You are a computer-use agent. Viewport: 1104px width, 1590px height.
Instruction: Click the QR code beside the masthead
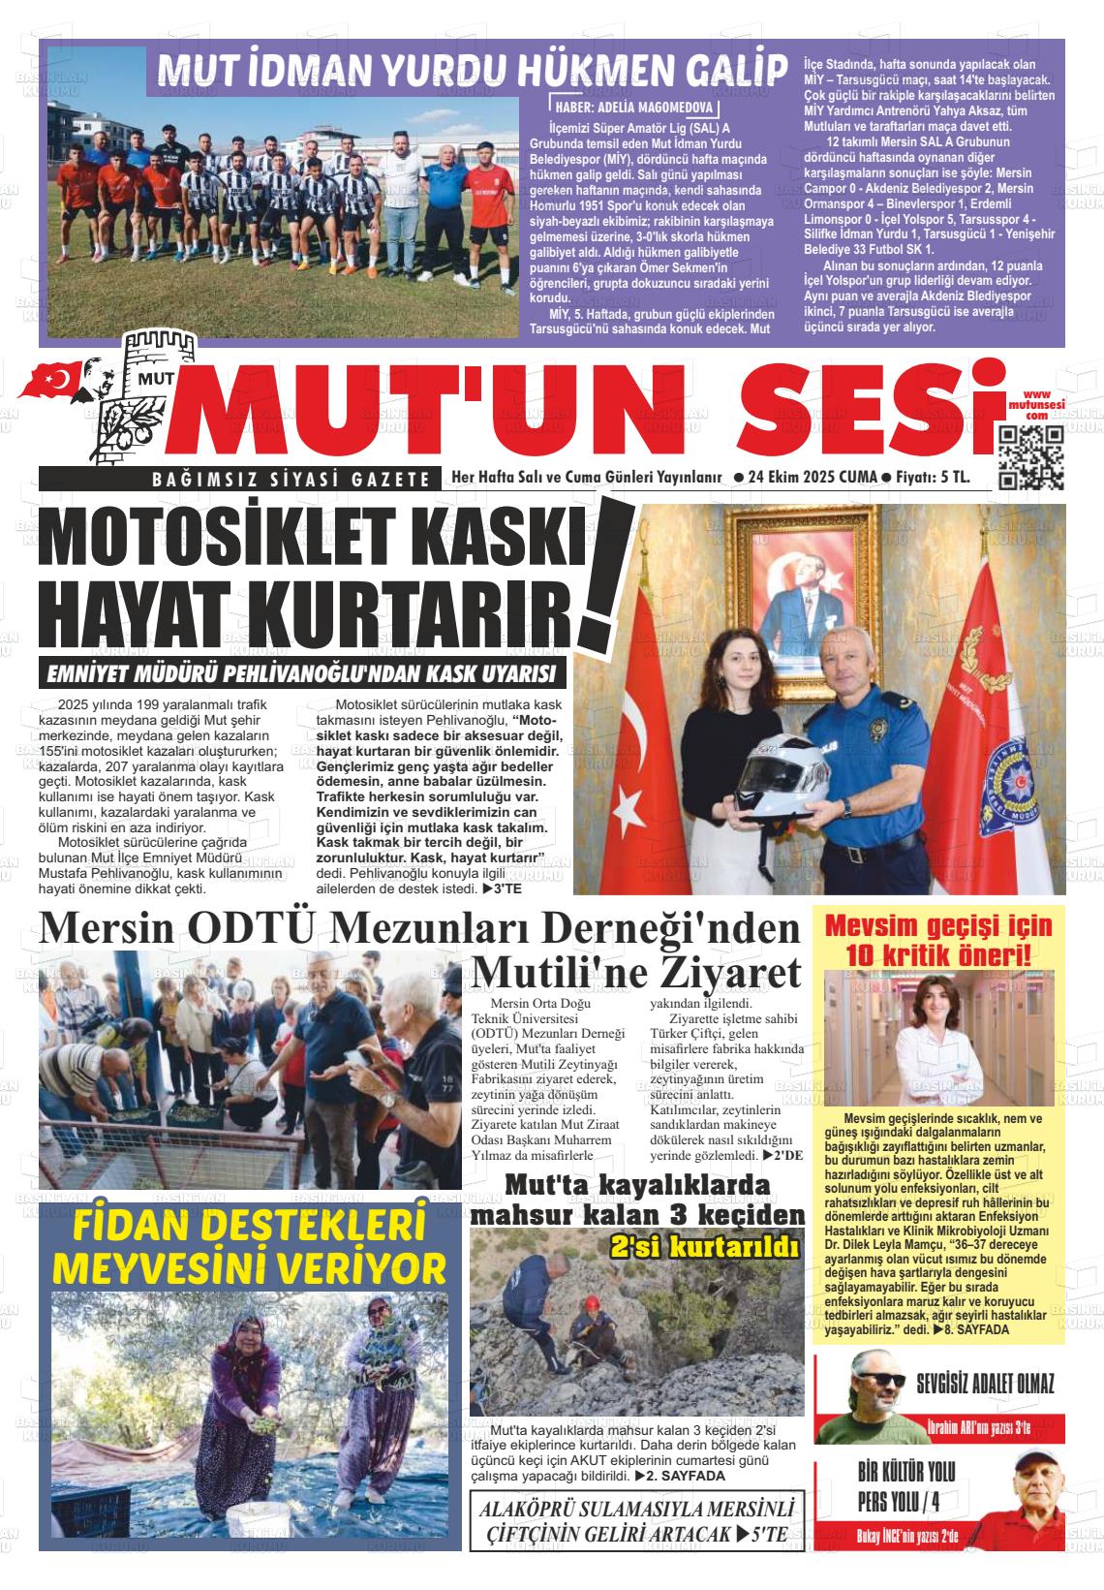click(1030, 457)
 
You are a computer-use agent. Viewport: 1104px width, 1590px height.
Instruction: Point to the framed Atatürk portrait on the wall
click(810, 595)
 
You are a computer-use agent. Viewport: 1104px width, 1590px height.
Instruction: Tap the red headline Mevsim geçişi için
click(937, 926)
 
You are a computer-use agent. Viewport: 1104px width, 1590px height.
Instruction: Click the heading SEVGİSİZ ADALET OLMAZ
click(985, 1384)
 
